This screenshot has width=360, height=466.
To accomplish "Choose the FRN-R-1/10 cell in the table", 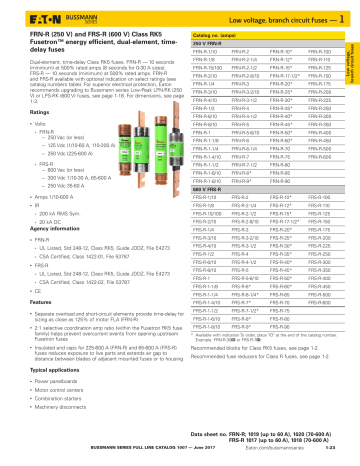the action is [206, 48].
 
